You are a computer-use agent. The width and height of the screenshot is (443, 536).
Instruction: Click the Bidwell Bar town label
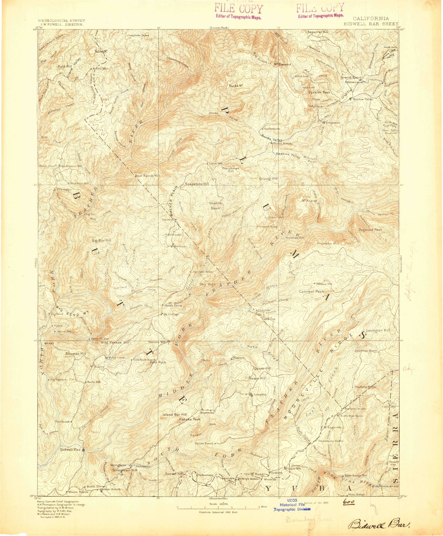(x=70, y=450)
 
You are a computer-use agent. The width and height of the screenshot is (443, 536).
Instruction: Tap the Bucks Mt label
(x=236, y=86)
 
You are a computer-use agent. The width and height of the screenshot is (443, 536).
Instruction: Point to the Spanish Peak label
(x=319, y=92)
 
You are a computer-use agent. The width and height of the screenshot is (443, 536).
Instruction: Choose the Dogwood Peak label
(x=370, y=230)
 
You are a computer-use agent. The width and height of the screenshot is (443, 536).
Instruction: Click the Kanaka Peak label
(x=190, y=419)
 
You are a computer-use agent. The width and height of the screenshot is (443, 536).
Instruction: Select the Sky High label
(x=208, y=284)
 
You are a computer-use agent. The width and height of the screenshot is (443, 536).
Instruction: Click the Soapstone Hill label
(x=197, y=184)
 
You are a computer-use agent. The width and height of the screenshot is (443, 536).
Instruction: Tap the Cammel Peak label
(x=312, y=291)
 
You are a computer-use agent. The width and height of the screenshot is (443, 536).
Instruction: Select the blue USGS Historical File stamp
(x=292, y=507)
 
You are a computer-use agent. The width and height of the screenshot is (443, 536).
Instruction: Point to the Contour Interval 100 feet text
(x=218, y=512)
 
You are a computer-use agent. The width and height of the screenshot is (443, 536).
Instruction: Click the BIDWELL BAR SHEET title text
(x=371, y=24)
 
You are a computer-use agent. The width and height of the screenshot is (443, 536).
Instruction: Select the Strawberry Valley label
(x=330, y=441)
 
